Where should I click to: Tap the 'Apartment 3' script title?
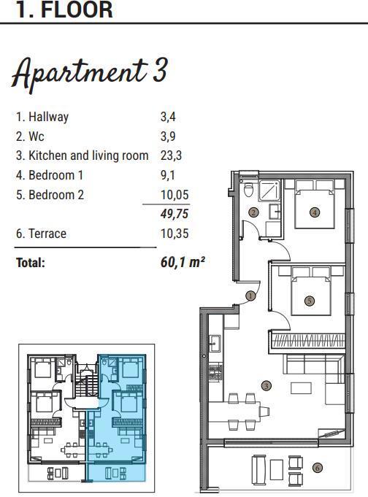pos(89,72)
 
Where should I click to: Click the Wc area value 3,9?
pos(168,136)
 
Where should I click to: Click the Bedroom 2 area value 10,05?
pos(174,195)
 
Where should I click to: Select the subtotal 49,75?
pos(174,214)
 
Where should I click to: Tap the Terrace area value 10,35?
pos(174,234)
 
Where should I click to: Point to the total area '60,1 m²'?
pos(182,262)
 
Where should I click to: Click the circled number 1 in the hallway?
pos(250,296)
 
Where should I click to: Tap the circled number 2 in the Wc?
pos(253,212)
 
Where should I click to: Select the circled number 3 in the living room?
pos(267,386)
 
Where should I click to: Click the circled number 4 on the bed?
pos(315,212)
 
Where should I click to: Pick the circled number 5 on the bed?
pos(310,300)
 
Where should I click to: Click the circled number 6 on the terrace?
pos(317,467)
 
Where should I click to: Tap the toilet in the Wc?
pos(249,190)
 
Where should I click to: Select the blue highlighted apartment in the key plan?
pos(117,416)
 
